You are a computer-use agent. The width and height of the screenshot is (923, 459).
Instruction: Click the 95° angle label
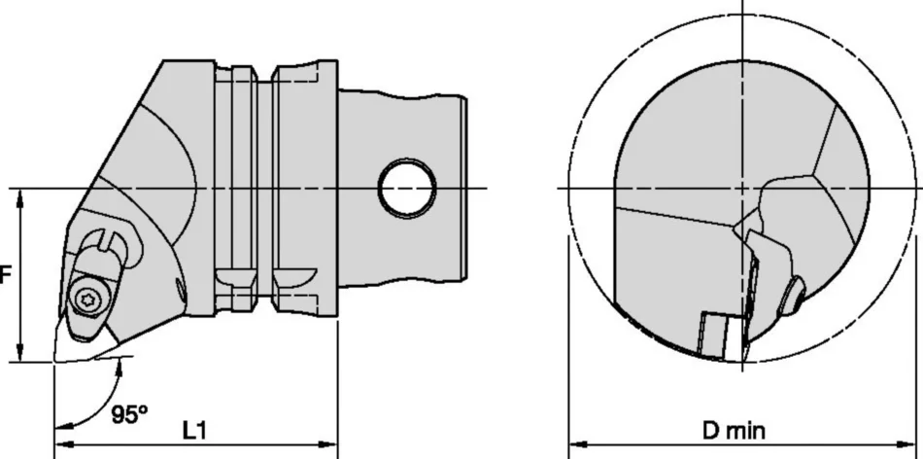(128, 415)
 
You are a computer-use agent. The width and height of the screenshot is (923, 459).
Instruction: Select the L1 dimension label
(194, 429)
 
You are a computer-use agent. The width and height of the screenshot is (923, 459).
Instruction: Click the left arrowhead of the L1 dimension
(59, 448)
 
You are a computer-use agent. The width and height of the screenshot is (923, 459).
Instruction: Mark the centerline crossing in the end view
(742, 187)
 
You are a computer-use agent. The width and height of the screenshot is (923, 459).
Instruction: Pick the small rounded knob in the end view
(793, 295)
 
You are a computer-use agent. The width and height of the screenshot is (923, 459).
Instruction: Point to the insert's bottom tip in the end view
(740, 364)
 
